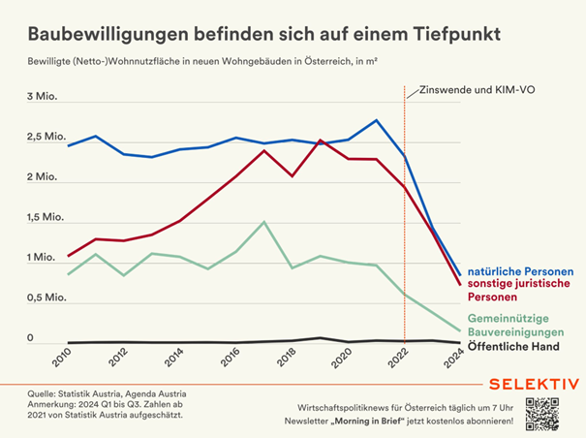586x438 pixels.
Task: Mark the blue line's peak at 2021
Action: click(x=377, y=120)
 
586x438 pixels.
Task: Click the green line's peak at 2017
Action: click(x=264, y=222)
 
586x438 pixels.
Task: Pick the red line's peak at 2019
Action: click(x=321, y=141)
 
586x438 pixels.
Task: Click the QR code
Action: click(x=544, y=414)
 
